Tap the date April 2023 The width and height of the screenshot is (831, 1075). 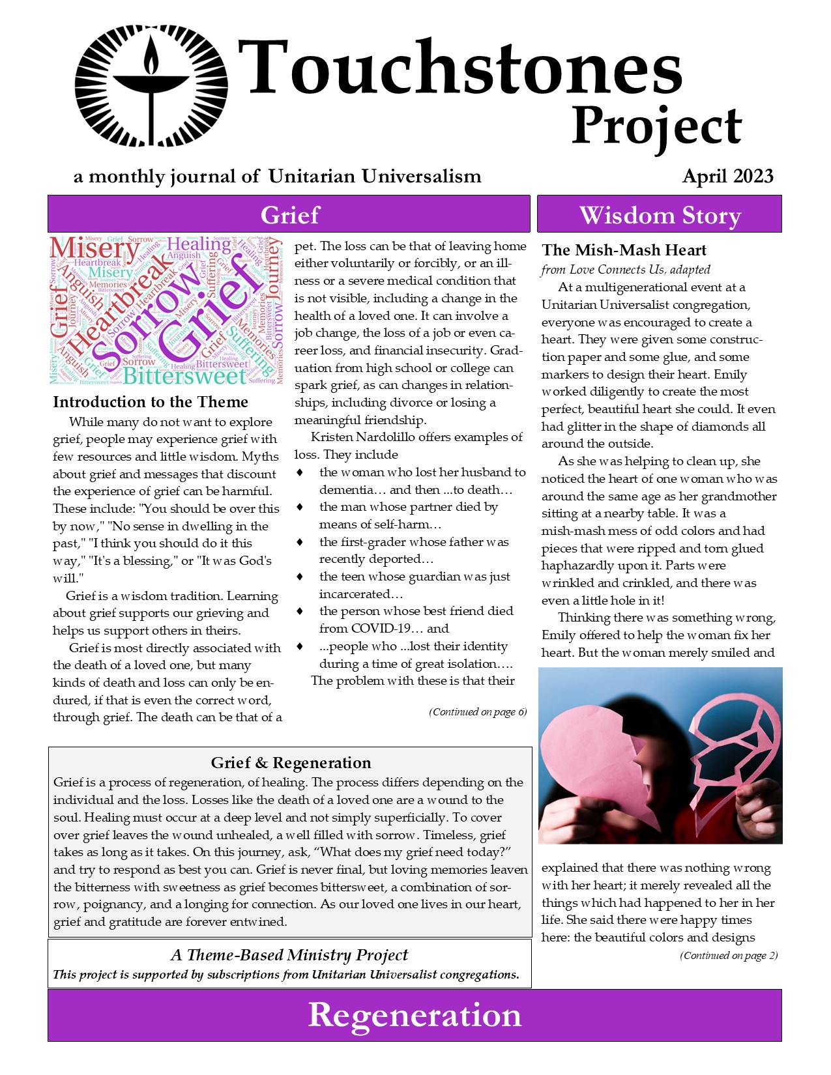(727, 177)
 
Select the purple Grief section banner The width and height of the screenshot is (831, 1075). (289, 214)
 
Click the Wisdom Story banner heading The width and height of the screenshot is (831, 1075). (660, 215)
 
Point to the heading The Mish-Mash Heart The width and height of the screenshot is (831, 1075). (624, 250)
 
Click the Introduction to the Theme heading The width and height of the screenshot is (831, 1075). (151, 402)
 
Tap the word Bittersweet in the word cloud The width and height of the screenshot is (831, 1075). (184, 376)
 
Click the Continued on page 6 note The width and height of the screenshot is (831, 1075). (478, 712)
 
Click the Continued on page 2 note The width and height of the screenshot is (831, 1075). (729, 956)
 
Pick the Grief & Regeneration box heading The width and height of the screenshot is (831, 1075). (291, 763)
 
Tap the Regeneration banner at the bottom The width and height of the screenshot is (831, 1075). (415, 1015)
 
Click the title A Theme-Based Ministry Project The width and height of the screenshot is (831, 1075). (289, 955)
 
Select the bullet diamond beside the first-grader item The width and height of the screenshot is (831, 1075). (300, 542)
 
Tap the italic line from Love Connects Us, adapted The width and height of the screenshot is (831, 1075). (625, 270)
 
